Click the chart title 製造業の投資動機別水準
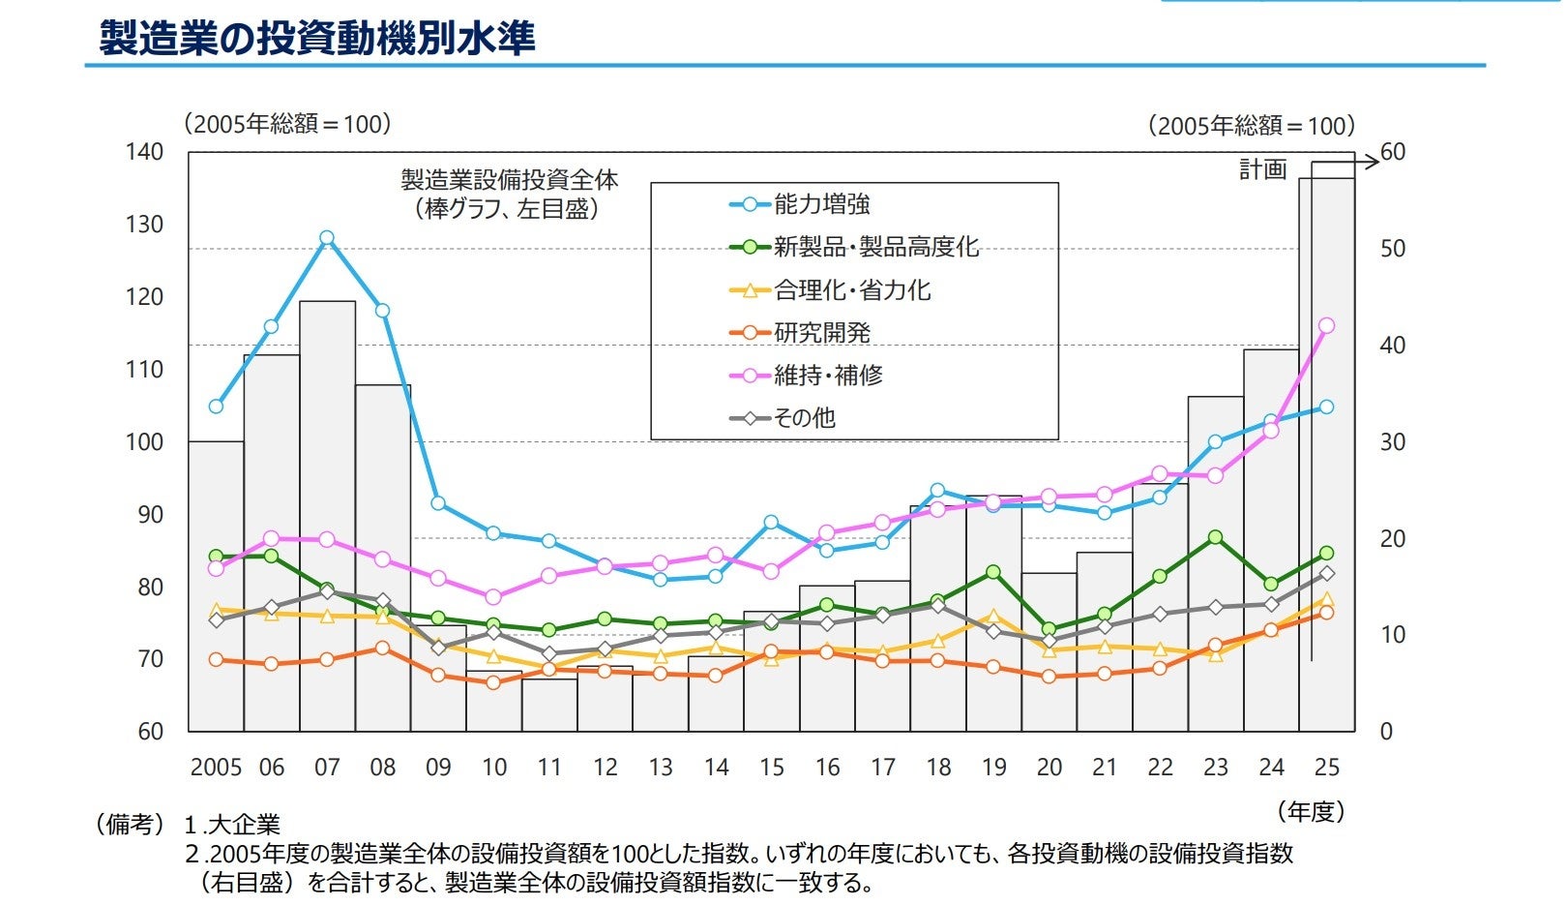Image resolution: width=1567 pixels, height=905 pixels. [317, 39]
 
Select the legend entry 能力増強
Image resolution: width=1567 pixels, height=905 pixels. [821, 204]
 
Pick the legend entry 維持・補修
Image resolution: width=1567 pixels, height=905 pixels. [828, 375]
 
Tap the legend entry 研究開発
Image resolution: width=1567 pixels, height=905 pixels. [821, 333]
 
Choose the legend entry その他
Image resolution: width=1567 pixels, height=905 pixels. [804, 418]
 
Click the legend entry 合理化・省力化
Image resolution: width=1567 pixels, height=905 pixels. [852, 290]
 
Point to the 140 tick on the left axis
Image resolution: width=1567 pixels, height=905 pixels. [144, 152]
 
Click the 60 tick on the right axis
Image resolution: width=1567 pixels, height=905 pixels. [1393, 152]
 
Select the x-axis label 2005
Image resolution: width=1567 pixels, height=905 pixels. [216, 768]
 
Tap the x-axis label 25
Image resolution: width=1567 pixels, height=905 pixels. [1327, 768]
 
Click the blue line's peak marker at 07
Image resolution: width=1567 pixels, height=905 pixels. [327, 238]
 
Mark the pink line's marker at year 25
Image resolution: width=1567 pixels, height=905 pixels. [1326, 326]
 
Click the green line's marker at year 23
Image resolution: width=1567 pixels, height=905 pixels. [1216, 537]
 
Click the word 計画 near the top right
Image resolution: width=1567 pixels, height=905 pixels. [1263, 169]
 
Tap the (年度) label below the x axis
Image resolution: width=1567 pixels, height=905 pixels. [1311, 811]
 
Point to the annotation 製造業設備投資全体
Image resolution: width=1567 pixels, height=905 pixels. [510, 180]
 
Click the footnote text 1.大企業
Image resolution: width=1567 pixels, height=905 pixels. [232, 825]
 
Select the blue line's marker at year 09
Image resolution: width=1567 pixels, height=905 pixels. [438, 503]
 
